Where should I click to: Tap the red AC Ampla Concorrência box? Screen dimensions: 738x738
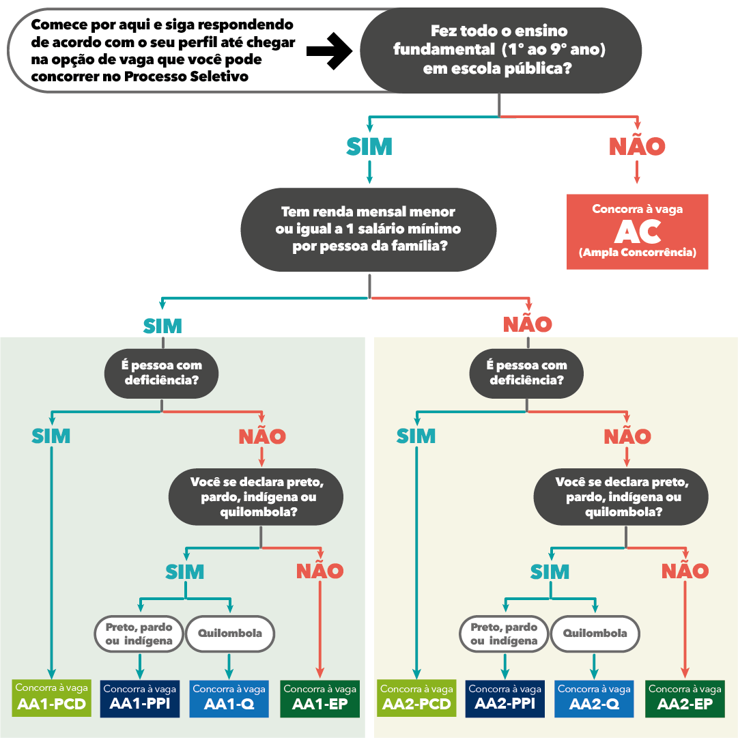pyautogui.click(x=637, y=231)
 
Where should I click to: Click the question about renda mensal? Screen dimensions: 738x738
pyautogui.click(x=369, y=229)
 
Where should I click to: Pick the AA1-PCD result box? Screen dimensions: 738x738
pyautogui.click(x=51, y=698)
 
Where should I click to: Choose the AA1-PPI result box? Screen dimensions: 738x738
pyautogui.click(x=139, y=698)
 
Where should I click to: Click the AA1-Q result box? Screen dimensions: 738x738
pyautogui.click(x=229, y=698)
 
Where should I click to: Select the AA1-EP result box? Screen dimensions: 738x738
pyautogui.click(x=320, y=698)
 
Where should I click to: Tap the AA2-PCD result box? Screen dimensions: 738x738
pyautogui.click(x=416, y=698)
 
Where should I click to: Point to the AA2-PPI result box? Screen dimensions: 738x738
pyautogui.click(x=505, y=698)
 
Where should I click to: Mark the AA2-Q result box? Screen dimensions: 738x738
pyautogui.click(x=593, y=698)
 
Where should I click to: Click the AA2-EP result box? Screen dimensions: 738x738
pyautogui.click(x=684, y=698)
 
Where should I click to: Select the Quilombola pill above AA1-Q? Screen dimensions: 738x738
pyautogui.click(x=229, y=634)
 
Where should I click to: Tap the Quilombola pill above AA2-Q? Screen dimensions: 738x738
pyautogui.click(x=595, y=634)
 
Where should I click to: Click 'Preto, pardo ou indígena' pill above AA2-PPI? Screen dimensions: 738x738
pyautogui.click(x=504, y=634)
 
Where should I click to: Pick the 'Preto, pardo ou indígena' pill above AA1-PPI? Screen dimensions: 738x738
pyautogui.click(x=139, y=634)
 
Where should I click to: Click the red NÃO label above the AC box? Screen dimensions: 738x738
pyautogui.click(x=636, y=146)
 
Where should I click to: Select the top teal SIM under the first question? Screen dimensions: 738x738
pyautogui.click(x=369, y=146)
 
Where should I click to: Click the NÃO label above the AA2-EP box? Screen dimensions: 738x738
pyautogui.click(x=685, y=571)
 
